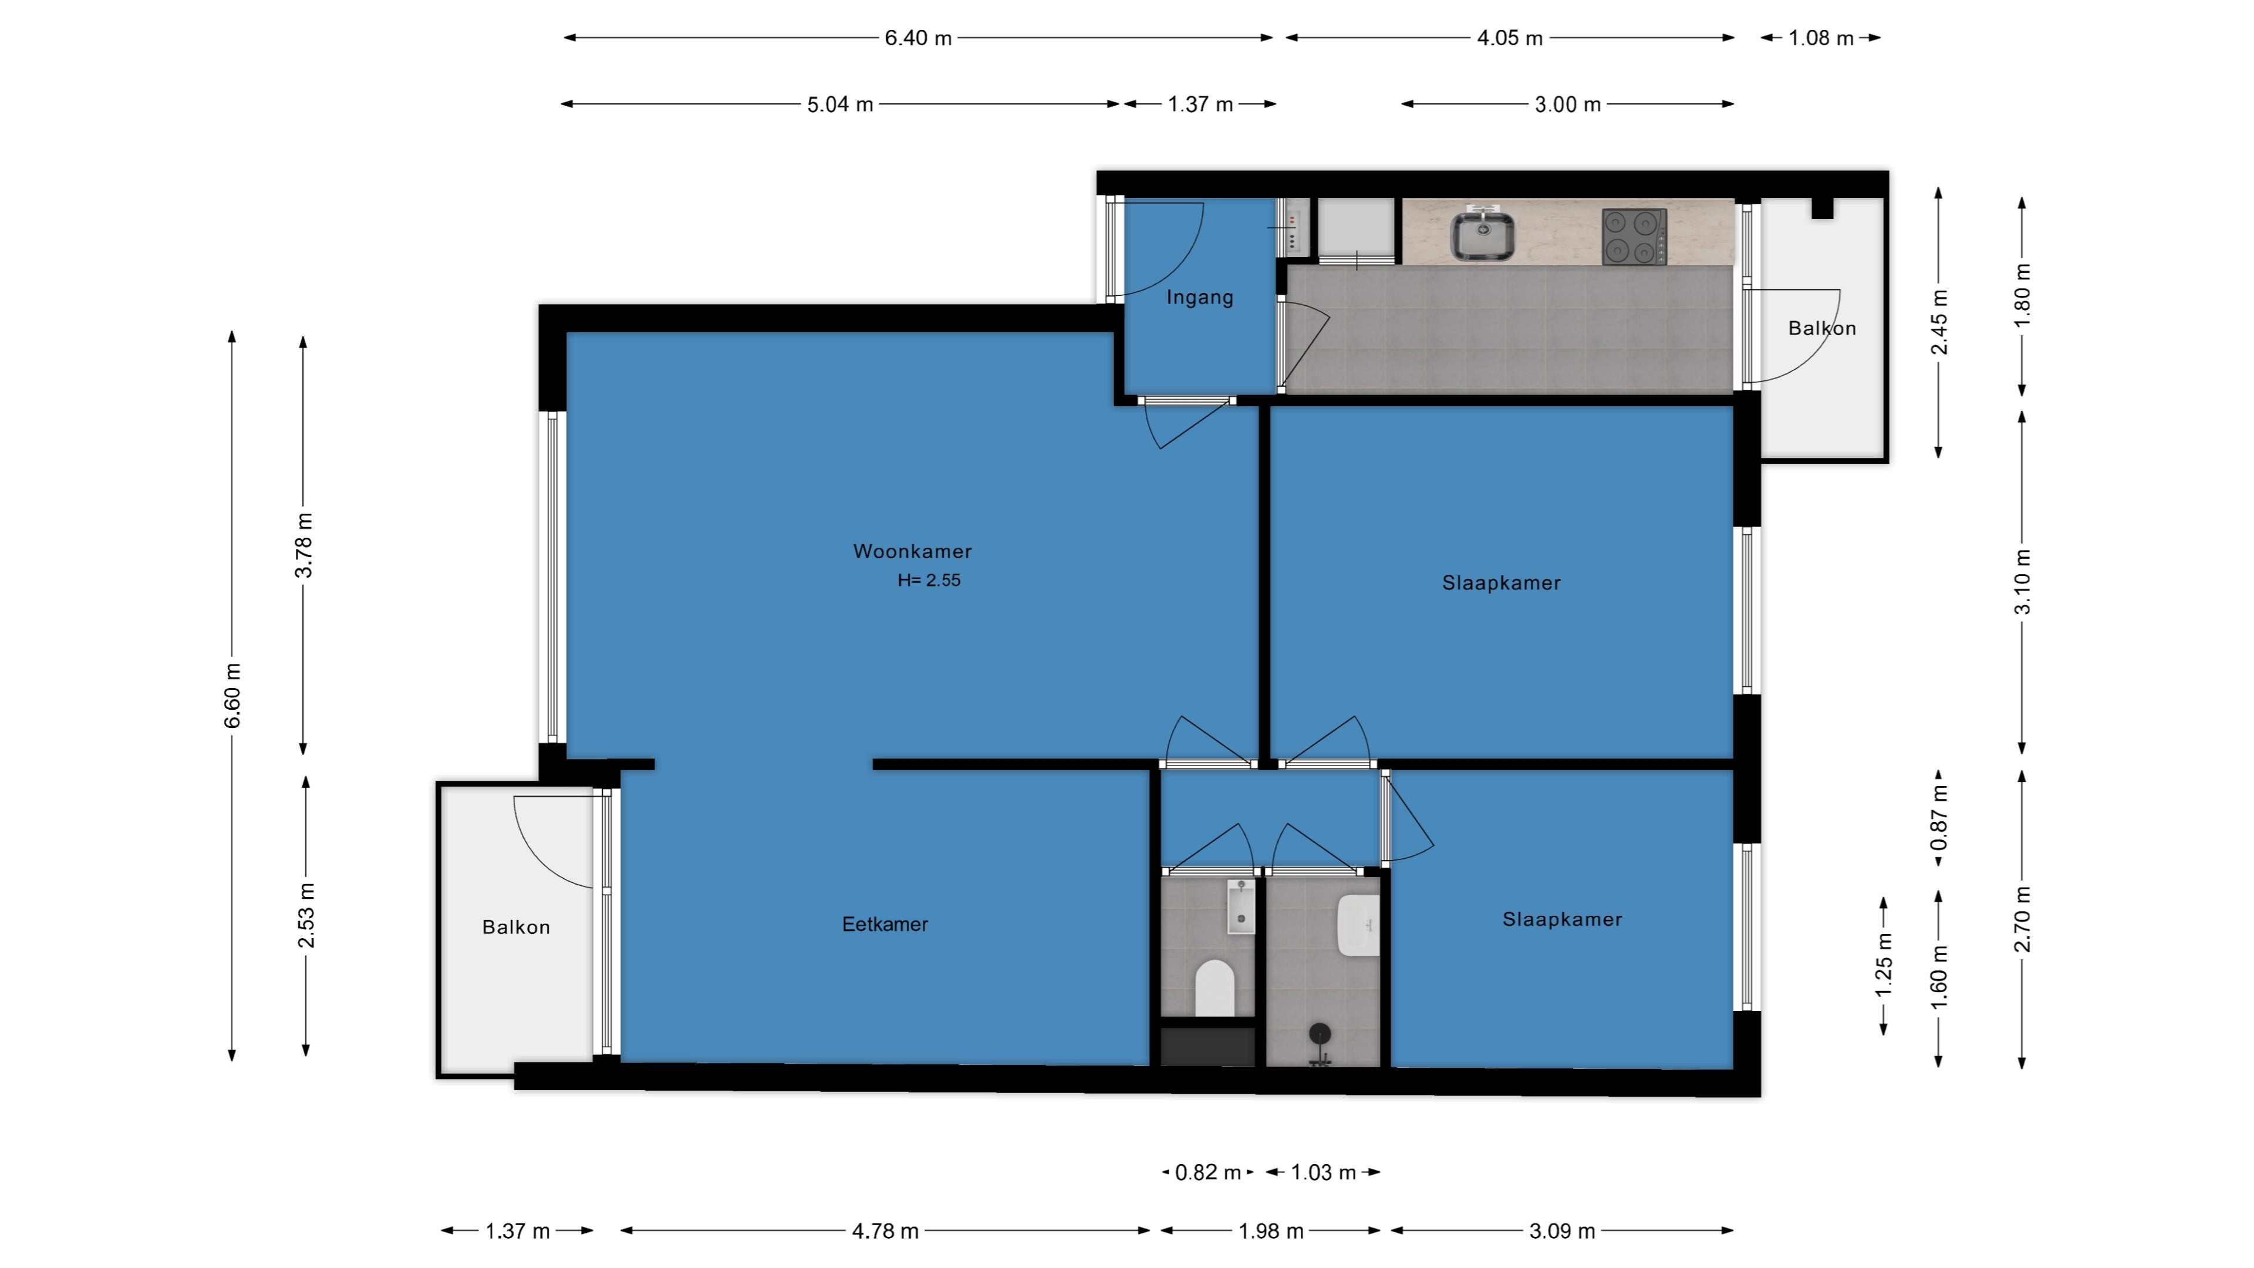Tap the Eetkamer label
click(x=885, y=924)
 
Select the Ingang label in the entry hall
click(x=1200, y=298)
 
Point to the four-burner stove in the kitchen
click(x=1634, y=235)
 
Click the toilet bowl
click(x=1214, y=987)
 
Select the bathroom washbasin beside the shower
click(x=1358, y=925)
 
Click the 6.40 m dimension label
click(x=918, y=38)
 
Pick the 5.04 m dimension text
click(x=840, y=104)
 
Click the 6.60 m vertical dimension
click(x=232, y=696)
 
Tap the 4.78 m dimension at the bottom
click(x=886, y=1231)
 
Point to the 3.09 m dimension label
click(x=1562, y=1231)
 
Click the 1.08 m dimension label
click(x=1821, y=38)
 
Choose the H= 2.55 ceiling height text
click(x=929, y=580)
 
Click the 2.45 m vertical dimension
click(x=1939, y=322)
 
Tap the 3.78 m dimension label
click(x=303, y=545)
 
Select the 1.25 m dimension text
click(x=1883, y=965)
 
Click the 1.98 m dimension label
click(x=1270, y=1231)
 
